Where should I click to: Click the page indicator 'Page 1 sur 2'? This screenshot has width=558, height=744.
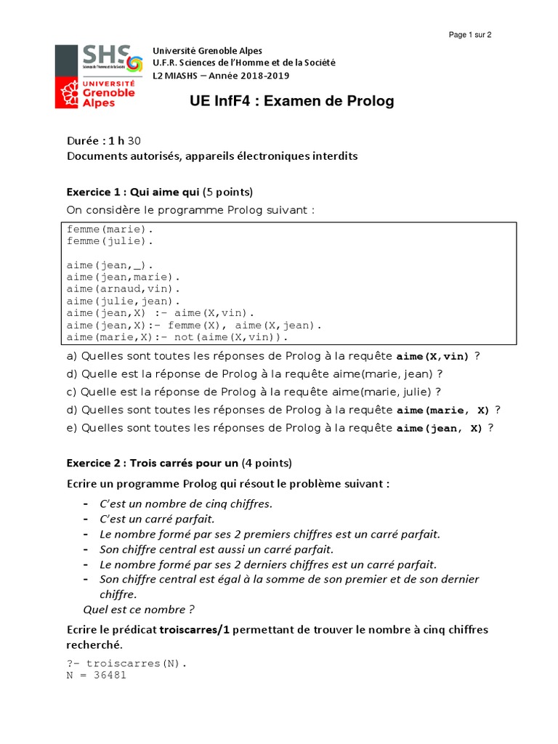470,35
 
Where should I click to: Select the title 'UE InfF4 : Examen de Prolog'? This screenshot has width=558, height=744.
292,102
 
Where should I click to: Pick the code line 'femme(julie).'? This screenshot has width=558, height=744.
110,240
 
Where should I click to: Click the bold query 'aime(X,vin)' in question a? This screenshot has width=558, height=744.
432,357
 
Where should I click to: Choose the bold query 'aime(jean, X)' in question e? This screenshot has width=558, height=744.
439,429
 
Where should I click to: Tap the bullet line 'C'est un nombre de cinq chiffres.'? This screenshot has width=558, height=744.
185,504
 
